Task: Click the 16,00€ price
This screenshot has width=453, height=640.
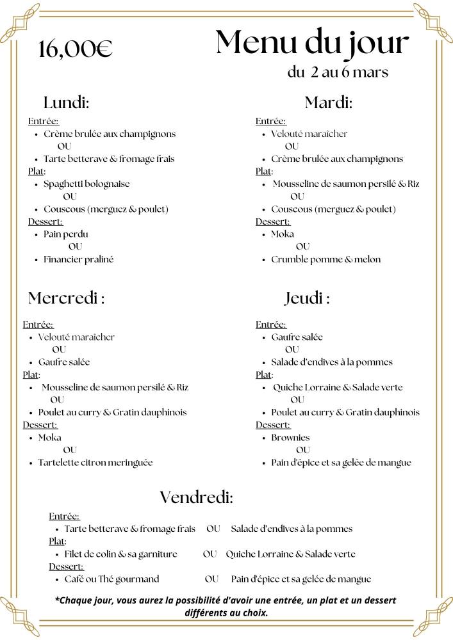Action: pos(75,49)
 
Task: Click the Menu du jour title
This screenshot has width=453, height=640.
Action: pos(311,43)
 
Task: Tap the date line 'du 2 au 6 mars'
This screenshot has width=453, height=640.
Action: pos(338,72)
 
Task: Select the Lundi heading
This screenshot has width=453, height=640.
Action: pos(66,102)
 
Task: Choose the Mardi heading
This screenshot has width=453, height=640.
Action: pos(329,102)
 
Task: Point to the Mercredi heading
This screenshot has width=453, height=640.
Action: pos(66,298)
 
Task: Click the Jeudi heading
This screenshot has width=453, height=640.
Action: pos(307,298)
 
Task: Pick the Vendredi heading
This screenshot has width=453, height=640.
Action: pos(196,497)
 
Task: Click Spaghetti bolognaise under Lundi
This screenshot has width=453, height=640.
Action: pos(86,184)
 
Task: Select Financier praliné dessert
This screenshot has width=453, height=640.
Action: pos(78,259)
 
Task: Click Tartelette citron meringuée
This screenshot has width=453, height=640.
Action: pos(95,462)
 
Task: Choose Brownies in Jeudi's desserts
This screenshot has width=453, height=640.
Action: pos(290,438)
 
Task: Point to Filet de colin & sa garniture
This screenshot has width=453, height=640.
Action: pos(120,554)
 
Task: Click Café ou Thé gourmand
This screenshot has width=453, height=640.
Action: pos(111,579)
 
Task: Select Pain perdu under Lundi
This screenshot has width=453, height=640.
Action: pos(66,234)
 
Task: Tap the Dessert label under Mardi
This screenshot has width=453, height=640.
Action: pos(273,221)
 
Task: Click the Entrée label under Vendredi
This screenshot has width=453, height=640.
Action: pos(65,516)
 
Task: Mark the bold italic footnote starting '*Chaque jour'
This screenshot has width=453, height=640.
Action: pos(226,606)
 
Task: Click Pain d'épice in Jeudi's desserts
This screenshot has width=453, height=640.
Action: pos(341,463)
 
